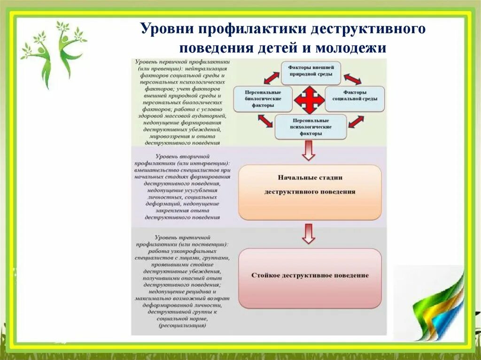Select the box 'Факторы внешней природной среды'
pos(310,71)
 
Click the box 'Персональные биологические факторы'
pos(263,99)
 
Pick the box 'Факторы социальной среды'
pos(355,99)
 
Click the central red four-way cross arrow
pos(309,99)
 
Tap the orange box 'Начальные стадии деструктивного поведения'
pos(310,192)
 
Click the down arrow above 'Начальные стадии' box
pos(309,150)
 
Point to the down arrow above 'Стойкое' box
pos(309,234)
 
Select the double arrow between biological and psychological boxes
pos(265,122)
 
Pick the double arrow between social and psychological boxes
pos(356,122)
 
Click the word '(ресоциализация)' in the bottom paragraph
pos(182,325)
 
